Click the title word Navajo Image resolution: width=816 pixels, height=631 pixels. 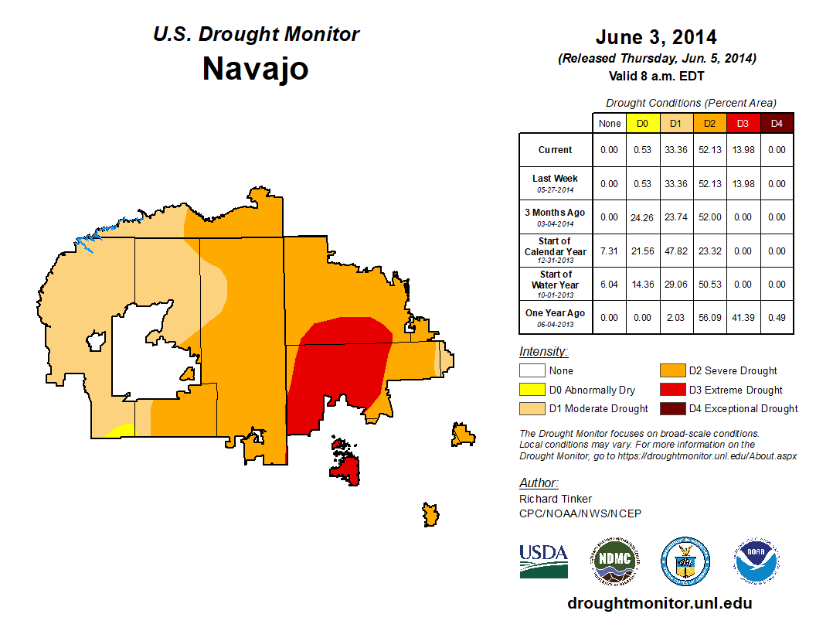point(256,69)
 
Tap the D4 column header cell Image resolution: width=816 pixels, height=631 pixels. point(777,123)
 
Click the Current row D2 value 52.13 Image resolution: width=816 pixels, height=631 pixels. point(710,150)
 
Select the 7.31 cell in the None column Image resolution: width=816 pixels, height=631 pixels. point(610,251)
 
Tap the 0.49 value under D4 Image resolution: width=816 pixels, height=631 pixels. point(777,313)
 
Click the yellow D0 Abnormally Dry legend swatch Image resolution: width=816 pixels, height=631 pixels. point(531,390)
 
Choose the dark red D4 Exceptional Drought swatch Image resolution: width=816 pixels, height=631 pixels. point(671,408)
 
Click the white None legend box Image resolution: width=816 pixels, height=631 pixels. point(531,371)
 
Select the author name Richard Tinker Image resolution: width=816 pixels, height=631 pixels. point(556,499)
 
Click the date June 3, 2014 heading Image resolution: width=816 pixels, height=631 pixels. point(656,37)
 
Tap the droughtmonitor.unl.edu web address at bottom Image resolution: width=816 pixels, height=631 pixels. point(659,603)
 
